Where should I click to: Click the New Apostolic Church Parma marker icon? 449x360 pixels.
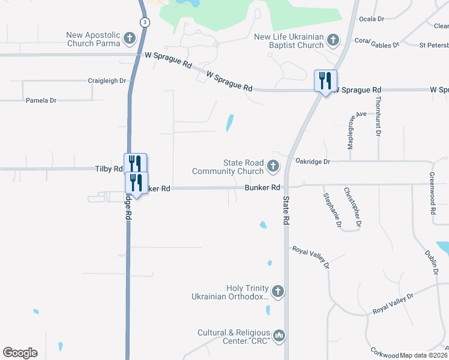pos(129,40)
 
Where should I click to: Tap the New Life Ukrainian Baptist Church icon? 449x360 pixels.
pos(333,41)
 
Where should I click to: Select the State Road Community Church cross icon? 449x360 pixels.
pos(273,166)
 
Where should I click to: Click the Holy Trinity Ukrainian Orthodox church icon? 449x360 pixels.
pos(277,292)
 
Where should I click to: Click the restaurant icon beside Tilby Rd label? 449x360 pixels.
pos(135,164)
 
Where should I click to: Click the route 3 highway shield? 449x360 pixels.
pos(144,22)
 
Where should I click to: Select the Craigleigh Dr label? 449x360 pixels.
pos(107,80)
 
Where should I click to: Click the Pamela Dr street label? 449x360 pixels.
pos(41,101)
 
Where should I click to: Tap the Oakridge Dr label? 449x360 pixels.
pos(313,161)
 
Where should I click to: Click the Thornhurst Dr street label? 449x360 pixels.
pos(379,115)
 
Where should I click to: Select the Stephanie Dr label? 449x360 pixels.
pos(332,211)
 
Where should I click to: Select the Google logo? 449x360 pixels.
pos(20,353)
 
